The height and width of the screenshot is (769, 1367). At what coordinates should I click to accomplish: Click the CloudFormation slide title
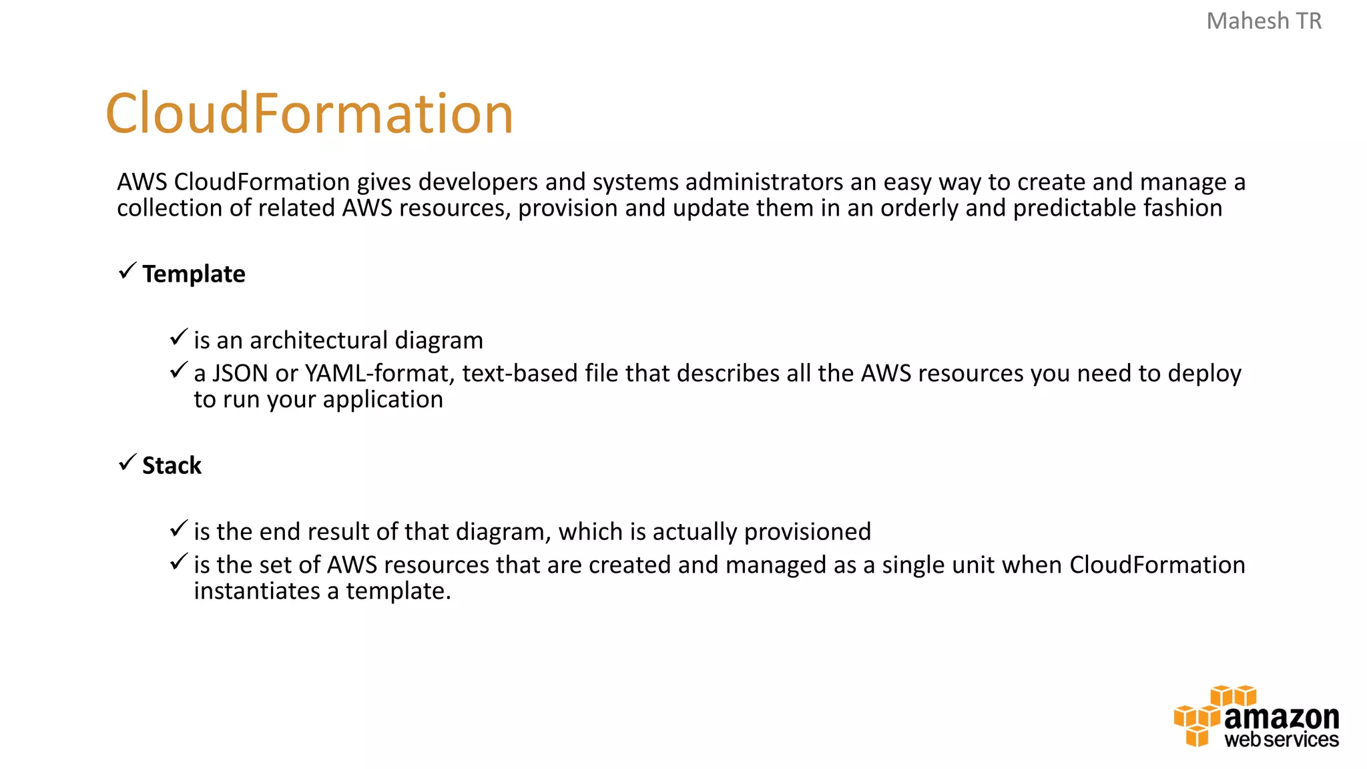309,113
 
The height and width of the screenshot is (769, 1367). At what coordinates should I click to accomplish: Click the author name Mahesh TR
1264,21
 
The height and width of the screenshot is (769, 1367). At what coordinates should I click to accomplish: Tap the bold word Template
194,274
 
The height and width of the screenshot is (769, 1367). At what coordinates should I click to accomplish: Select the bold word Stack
172,465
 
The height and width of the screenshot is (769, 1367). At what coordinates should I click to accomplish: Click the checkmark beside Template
127,271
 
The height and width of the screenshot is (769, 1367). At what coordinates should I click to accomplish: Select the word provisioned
807,532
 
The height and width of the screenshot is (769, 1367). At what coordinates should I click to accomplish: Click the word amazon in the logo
1282,718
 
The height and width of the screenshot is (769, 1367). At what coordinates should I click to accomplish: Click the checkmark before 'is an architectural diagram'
178,337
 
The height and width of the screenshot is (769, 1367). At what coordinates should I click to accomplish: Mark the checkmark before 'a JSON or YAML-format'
178,370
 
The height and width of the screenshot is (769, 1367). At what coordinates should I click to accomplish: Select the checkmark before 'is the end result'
178,529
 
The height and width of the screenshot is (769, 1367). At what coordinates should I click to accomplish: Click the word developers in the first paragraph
478,182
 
